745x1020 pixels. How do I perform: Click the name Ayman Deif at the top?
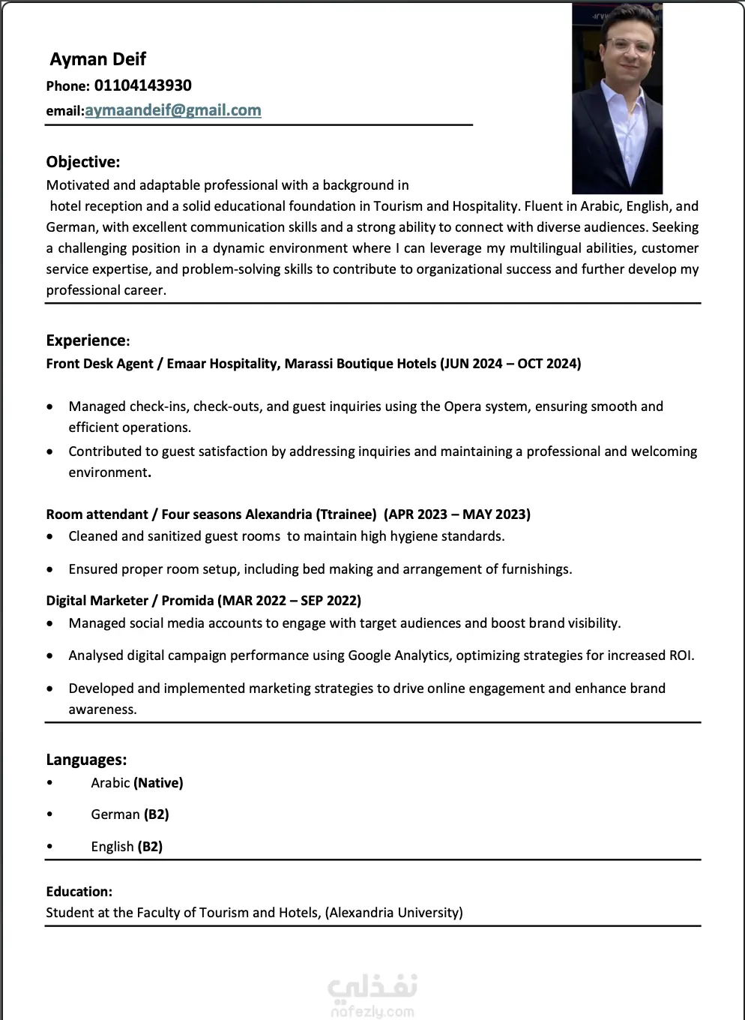pos(97,59)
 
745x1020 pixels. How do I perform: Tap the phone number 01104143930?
pos(142,85)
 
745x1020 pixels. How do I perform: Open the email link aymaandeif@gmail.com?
pos(173,110)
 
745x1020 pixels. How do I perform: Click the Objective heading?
pos(82,162)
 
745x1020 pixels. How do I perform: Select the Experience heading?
pos(87,340)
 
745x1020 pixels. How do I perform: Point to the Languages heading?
pos(86,760)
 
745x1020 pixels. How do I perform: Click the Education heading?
pos(79,892)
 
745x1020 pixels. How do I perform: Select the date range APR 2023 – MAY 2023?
pos(456,514)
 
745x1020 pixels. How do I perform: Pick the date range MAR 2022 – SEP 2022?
pos(290,601)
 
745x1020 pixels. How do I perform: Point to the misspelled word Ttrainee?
pos(346,514)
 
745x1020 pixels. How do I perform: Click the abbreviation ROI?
pos(680,655)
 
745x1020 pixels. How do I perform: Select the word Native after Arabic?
pos(158,783)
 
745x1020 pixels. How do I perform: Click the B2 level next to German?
pos(156,814)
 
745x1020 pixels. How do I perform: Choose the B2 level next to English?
pos(150,847)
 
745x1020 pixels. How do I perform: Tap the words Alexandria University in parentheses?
pos(393,913)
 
